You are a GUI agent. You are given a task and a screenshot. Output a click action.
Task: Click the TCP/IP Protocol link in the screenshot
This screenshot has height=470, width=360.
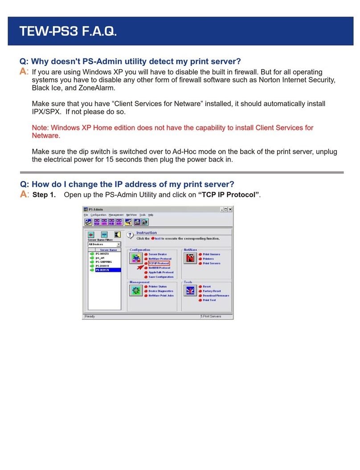pos(159,263)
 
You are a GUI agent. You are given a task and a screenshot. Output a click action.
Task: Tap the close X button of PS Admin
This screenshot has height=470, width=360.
pos(230,209)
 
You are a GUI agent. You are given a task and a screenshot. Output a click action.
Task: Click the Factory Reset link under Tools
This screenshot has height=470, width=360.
pos(212,291)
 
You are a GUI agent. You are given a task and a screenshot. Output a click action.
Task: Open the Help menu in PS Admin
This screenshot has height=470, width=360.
pos(151,215)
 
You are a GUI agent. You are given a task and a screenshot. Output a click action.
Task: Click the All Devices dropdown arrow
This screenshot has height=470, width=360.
pos(119,244)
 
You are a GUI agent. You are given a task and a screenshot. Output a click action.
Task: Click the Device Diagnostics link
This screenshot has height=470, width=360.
pos(161,291)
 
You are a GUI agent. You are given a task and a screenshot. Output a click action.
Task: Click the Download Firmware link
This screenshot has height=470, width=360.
pos(216,295)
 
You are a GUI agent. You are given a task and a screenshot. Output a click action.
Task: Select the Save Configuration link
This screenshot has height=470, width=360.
pos(161,277)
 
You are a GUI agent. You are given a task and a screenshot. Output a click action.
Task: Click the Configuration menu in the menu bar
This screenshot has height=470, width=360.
pos(98,215)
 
